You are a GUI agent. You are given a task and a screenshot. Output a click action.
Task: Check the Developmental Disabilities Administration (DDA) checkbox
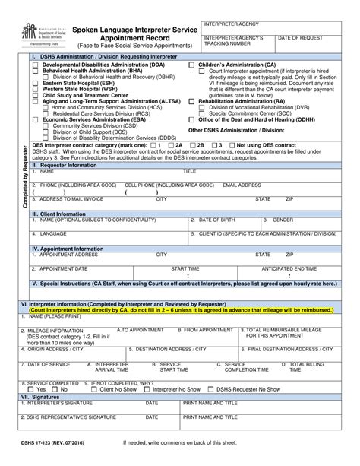pos(35,66)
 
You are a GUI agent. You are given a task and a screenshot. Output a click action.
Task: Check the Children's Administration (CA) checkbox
pos(192,66)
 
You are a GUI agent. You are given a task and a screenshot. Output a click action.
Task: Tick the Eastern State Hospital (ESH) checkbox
pos(35,83)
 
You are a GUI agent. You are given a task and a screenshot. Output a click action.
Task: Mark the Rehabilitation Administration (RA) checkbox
pos(192,100)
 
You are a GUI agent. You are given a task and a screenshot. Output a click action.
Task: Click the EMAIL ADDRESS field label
pos(241,184)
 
